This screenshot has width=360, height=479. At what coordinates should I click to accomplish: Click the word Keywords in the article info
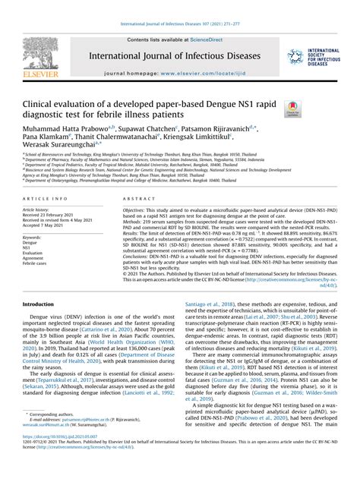35,237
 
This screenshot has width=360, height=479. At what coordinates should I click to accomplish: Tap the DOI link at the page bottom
55,459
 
